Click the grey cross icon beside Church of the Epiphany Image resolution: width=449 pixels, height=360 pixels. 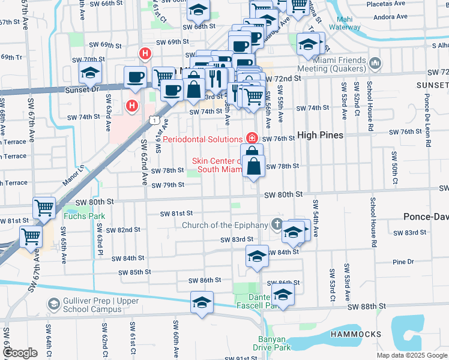click(276, 225)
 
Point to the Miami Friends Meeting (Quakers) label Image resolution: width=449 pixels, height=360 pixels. click(339, 65)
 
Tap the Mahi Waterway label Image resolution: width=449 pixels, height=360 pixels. click(345, 23)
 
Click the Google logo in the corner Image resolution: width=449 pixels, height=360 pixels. click(20, 353)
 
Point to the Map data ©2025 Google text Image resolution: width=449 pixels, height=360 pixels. click(412, 355)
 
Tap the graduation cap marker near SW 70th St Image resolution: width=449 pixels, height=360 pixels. click(90, 73)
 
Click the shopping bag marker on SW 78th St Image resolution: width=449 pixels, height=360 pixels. click(255, 166)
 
